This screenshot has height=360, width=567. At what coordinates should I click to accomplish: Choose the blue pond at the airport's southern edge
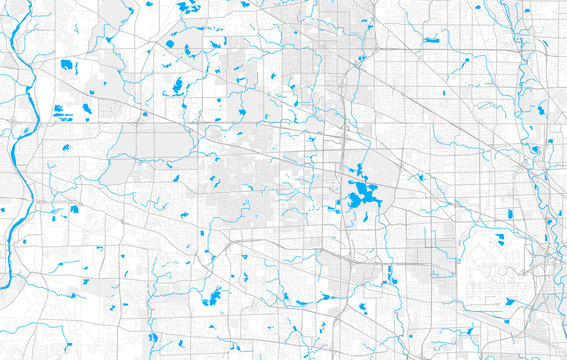point(509,301)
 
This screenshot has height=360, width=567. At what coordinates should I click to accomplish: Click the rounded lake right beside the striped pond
point(87,108)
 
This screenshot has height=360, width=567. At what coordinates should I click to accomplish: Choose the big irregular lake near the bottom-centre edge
point(212,296)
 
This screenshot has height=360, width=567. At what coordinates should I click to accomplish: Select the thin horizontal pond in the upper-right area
point(431,40)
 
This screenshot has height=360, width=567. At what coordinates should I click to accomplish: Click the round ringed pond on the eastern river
point(536,150)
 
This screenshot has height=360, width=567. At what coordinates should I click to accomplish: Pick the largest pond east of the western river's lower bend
point(73,210)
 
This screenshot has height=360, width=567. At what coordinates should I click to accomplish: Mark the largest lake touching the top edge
point(186,7)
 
